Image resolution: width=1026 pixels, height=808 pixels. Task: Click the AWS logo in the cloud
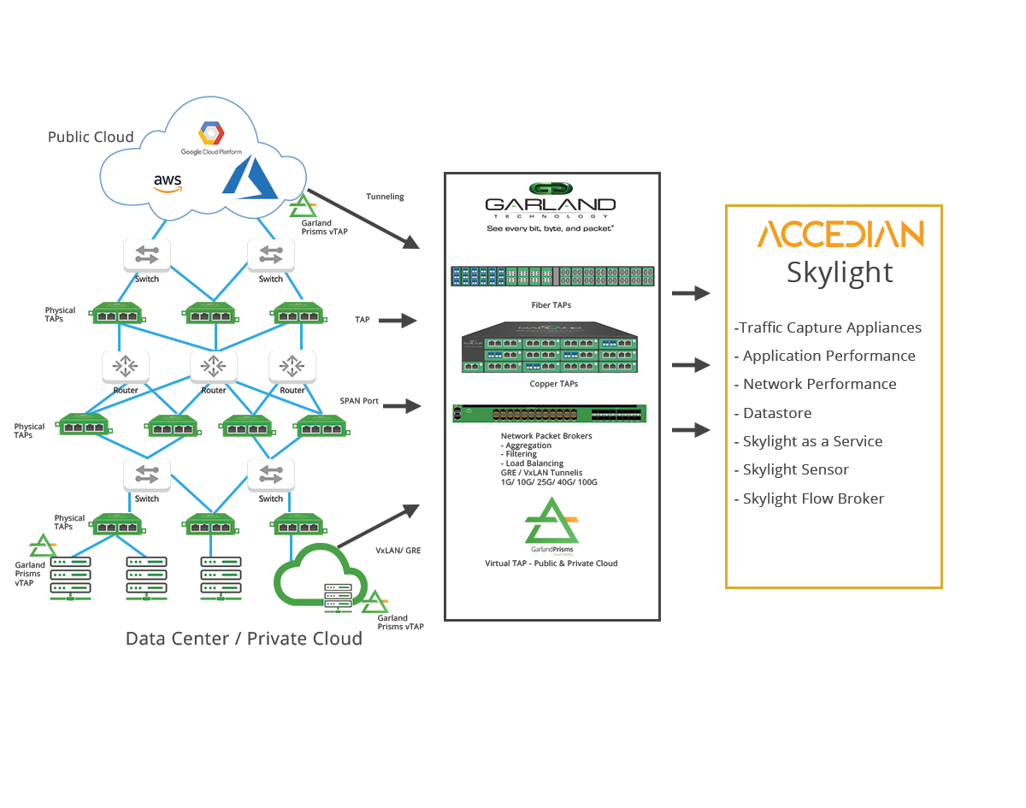(168, 183)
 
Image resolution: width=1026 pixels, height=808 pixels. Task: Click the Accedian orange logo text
(840, 234)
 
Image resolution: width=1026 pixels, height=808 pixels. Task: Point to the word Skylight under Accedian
(840, 272)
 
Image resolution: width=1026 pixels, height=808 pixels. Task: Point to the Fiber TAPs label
(551, 304)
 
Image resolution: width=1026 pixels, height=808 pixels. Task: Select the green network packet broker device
(550, 414)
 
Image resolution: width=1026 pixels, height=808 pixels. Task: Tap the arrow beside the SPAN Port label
(401, 407)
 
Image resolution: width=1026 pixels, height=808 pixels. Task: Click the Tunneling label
(385, 197)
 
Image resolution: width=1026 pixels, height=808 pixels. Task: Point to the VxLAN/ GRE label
(398, 551)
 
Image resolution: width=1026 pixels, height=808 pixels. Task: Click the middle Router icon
(213, 367)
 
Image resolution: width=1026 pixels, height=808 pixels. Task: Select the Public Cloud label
(91, 137)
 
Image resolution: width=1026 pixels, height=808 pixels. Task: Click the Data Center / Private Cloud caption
(244, 639)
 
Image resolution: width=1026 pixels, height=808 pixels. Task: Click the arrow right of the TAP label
(397, 321)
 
